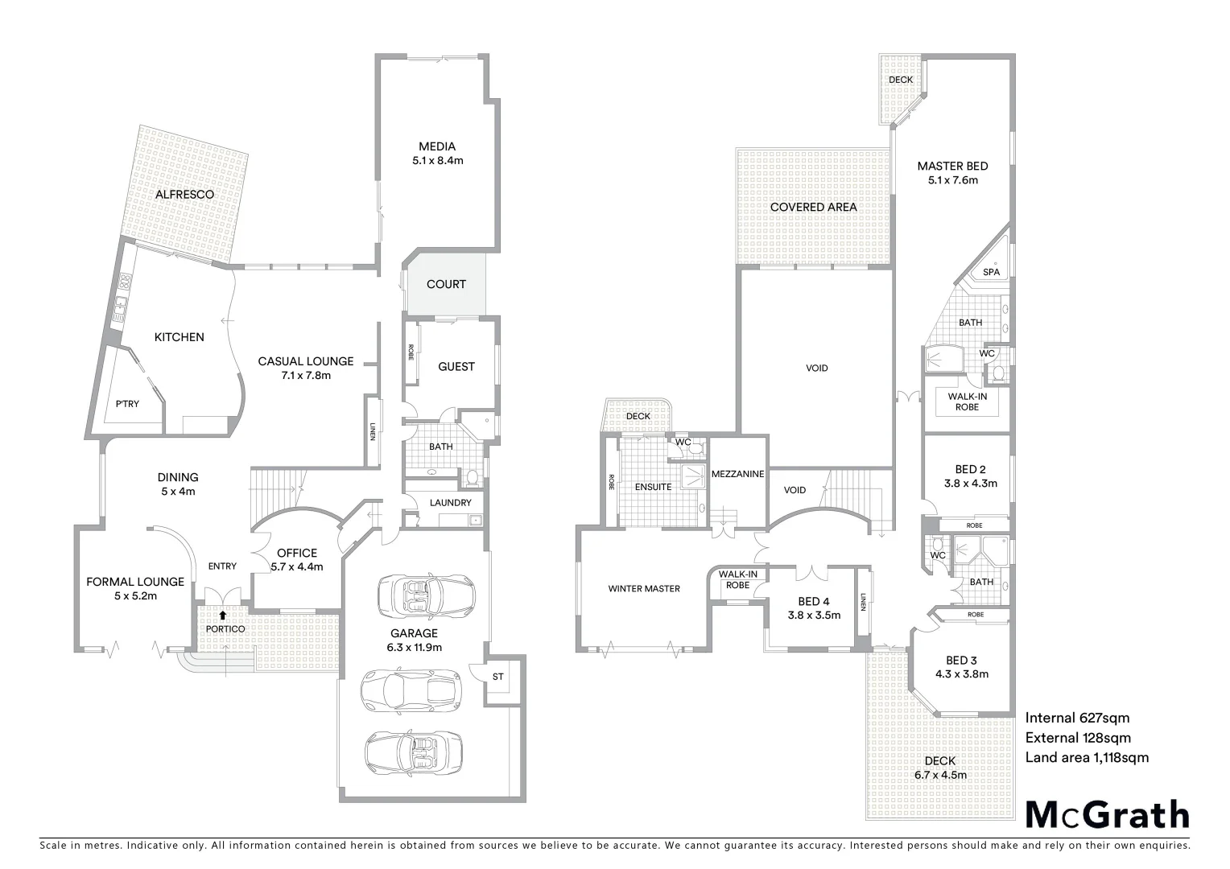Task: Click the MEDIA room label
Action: [x=437, y=146]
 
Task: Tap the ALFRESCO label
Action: [x=184, y=195]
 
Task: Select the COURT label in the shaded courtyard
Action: [x=446, y=284]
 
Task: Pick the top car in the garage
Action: [x=426, y=596]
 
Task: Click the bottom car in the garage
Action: [x=414, y=752]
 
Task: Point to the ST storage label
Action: [x=497, y=677]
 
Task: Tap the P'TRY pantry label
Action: [x=127, y=404]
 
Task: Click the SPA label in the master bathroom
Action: [x=991, y=272]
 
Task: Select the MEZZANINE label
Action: [x=737, y=474]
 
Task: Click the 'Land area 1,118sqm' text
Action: [x=1087, y=757]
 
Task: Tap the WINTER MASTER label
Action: [x=644, y=588]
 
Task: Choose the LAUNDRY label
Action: [x=451, y=503]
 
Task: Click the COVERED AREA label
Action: [x=813, y=207]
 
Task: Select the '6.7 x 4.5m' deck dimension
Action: [x=940, y=775]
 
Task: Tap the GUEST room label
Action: [x=456, y=366]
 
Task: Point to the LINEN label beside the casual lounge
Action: [x=373, y=432]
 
